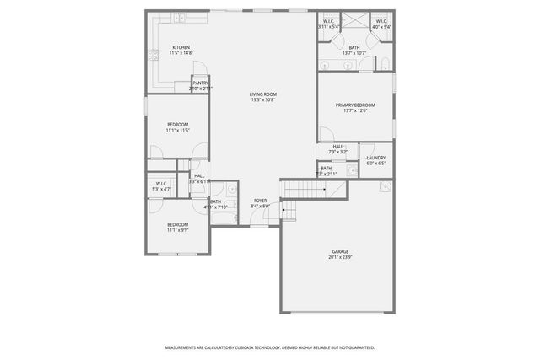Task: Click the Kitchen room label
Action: tap(181, 47)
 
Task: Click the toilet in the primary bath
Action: tap(383, 63)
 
